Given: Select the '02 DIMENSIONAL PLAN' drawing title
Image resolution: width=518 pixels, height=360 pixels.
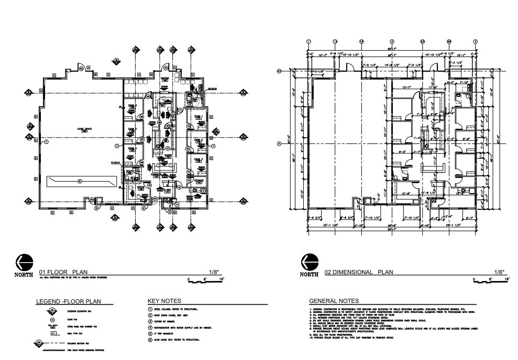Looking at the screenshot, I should (358, 272).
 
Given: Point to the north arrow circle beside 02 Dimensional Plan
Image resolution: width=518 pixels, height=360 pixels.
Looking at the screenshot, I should (310, 262).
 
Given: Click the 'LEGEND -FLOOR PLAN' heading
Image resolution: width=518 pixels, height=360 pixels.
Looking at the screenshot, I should (68, 301).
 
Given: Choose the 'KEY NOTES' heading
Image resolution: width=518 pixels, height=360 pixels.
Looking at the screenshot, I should (165, 301).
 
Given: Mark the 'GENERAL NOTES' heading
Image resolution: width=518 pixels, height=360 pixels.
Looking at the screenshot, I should (334, 301).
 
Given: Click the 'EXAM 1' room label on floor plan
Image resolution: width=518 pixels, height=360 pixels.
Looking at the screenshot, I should (198, 116).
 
